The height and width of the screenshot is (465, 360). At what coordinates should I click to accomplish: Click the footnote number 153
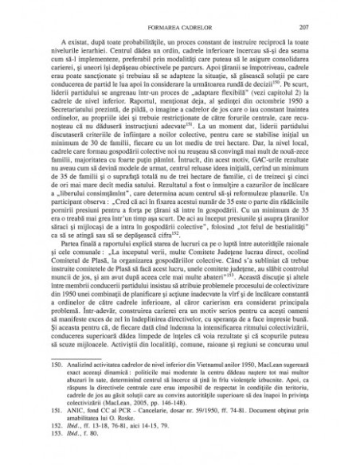click(54, 446)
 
